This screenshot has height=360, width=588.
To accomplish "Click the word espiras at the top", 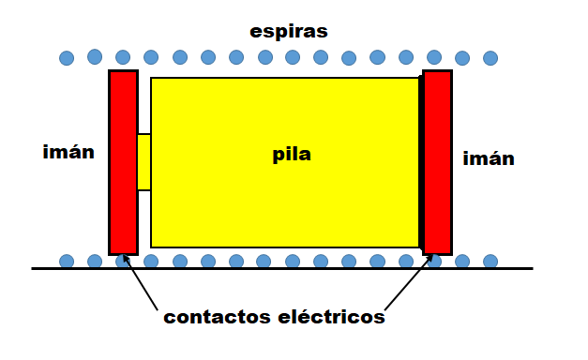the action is [x=289, y=32].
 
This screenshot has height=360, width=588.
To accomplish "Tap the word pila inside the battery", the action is [x=292, y=155].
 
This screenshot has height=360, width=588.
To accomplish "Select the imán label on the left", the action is [x=68, y=152].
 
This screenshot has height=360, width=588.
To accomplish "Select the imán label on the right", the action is [x=489, y=158].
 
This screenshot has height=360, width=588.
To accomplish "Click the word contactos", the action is [x=217, y=317].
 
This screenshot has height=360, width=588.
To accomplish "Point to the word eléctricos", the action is [x=331, y=317].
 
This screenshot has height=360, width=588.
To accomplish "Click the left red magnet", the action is [x=124, y=162].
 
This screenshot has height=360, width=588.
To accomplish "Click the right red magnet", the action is [x=438, y=162].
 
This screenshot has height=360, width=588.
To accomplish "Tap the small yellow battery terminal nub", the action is [x=144, y=162].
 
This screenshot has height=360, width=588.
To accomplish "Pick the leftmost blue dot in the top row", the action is [x=67, y=58].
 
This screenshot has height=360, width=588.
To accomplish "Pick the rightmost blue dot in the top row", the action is [x=490, y=58].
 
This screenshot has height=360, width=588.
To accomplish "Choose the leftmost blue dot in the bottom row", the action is [x=67, y=261].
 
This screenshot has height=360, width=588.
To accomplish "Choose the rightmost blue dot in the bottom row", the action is [x=490, y=261].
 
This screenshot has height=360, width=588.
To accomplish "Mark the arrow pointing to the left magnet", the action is [x=141, y=282].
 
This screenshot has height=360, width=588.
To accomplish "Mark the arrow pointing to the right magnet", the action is [x=409, y=282].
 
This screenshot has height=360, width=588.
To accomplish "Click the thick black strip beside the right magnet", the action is [x=421, y=162].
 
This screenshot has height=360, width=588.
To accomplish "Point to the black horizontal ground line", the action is [x=282, y=268].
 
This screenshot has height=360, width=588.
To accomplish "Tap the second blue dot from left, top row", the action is [x=95, y=56].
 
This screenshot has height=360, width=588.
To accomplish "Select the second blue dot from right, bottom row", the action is [x=462, y=261].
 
